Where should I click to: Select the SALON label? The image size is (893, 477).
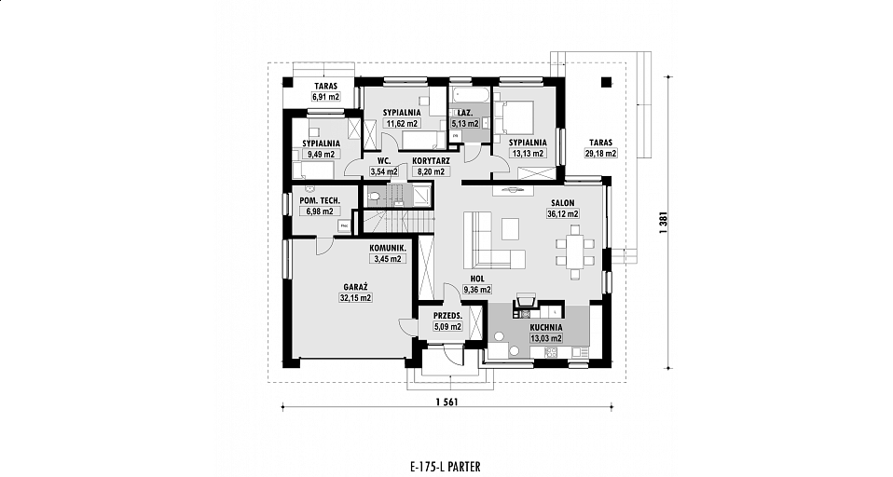[x=563, y=203]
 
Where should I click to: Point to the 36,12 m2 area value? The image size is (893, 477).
[x=563, y=214]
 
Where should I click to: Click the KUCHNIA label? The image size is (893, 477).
[x=546, y=328]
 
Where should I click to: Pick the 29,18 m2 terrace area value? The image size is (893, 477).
[x=601, y=153]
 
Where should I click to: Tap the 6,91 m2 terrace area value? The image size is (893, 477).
[x=325, y=97]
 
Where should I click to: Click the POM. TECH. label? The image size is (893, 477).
[x=320, y=200]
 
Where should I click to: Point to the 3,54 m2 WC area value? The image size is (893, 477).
[x=384, y=171]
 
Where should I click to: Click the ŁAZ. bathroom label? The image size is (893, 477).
[x=465, y=113]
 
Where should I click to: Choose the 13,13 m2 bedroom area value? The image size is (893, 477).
[x=528, y=153]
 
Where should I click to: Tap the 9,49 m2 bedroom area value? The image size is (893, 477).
[x=322, y=154]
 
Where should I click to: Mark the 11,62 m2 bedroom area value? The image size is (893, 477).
[x=402, y=123]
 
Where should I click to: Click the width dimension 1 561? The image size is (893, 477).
[x=446, y=402]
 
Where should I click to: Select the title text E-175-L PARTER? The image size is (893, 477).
[x=445, y=468]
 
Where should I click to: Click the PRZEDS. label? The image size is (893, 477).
[x=447, y=316]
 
